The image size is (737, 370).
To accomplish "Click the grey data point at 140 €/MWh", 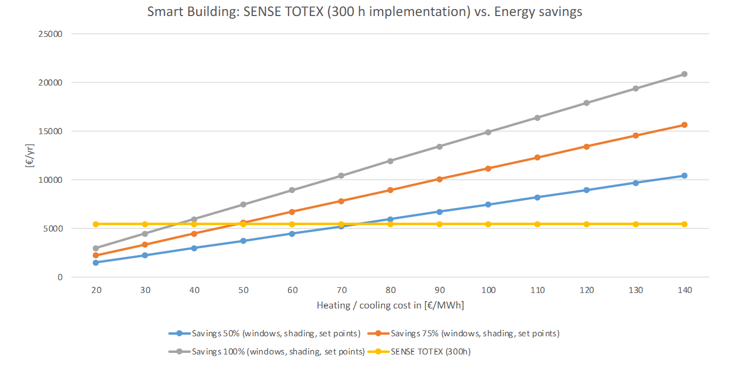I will [x=684, y=74].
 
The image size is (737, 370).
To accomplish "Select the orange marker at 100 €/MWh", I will [x=488, y=168].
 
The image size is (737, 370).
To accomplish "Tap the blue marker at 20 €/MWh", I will [x=96, y=263].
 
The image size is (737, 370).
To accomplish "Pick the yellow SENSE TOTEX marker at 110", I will [x=537, y=224].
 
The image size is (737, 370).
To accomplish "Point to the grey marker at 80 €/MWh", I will [x=390, y=161].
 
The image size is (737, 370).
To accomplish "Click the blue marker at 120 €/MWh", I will [x=586, y=190].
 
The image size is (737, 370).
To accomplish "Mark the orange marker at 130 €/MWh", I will [x=635, y=135].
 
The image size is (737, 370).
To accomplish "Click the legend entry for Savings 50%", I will [x=265, y=334].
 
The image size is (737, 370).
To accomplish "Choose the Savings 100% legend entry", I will [x=267, y=352].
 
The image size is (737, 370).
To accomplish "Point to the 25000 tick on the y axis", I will [x=51, y=34].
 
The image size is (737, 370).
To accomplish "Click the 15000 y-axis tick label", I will [x=51, y=132].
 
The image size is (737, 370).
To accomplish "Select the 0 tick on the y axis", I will [x=60, y=277].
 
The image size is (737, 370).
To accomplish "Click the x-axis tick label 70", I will [x=341, y=290].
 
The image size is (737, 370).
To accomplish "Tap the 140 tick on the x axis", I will [x=684, y=290].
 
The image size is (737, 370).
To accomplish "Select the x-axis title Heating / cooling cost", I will [x=390, y=306].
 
